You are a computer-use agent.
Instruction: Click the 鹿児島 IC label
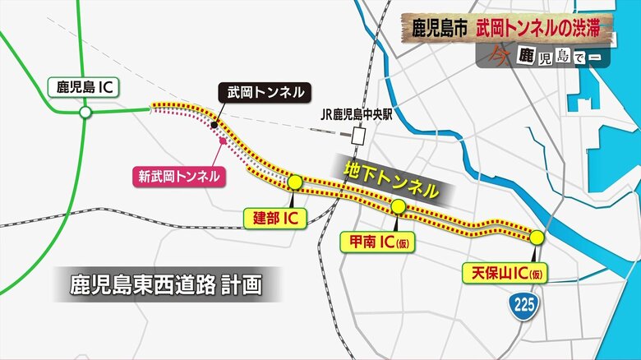[83, 85]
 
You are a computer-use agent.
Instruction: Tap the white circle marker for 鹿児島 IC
[85, 111]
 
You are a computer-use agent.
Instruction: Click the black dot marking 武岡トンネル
[214, 125]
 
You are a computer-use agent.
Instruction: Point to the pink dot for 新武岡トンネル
[223, 141]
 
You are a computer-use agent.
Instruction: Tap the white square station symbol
[357, 136]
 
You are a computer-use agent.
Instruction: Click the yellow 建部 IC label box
[274, 218]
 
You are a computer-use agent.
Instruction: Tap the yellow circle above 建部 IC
[295, 181]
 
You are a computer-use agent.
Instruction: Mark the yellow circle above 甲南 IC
[398, 206]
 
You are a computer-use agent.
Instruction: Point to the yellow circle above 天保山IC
[537, 238]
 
